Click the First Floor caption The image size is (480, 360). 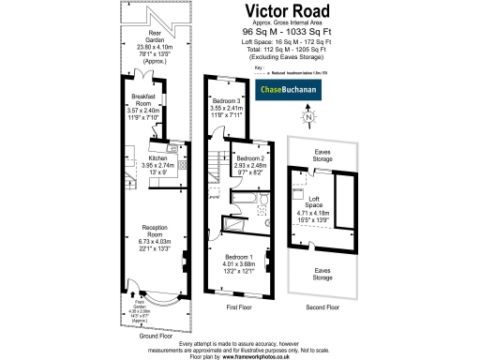point(238,307)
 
